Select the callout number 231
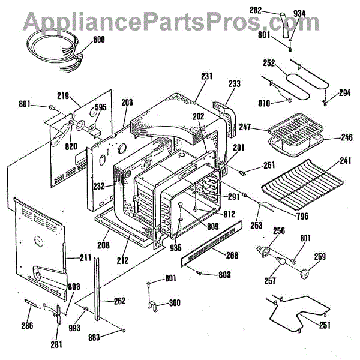(206, 76)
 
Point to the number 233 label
(235, 84)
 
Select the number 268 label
(232, 256)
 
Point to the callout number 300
(175, 303)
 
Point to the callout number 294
(344, 93)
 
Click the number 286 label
(26, 326)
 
